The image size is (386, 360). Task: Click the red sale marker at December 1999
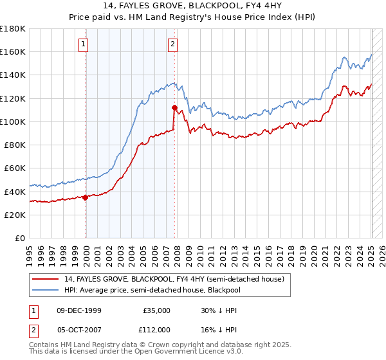86,197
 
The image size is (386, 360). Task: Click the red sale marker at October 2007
174,107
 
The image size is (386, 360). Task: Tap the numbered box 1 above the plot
84,44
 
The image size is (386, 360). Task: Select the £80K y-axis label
15,145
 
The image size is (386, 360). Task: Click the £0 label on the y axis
20,238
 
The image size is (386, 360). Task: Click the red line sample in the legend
47,278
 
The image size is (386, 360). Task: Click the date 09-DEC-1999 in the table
79,310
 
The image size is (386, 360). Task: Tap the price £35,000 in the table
156,310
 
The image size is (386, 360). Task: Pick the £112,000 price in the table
154,329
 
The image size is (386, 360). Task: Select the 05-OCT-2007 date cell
79,329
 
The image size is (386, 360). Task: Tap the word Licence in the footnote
179,352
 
